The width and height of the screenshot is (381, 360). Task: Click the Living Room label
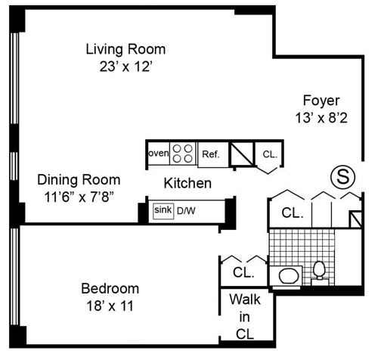(125, 49)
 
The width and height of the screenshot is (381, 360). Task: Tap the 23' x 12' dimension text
(126, 67)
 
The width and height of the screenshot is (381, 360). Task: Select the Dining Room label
(79, 180)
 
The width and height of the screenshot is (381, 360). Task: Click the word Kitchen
(187, 183)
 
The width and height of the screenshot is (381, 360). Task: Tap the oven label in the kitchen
(159, 153)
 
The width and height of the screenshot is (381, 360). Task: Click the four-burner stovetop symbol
(183, 154)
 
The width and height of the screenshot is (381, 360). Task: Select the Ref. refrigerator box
(213, 154)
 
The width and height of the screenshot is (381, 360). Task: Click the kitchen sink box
(163, 211)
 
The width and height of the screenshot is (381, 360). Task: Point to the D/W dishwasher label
(186, 211)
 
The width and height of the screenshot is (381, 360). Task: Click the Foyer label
(321, 101)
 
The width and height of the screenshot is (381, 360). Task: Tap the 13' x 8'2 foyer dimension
(321, 118)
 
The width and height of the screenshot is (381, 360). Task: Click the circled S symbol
(342, 177)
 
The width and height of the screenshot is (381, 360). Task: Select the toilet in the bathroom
(320, 270)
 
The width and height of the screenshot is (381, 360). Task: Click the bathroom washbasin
(290, 276)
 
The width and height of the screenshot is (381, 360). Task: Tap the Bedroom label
(110, 289)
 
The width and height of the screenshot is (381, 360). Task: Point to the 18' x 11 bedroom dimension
(110, 306)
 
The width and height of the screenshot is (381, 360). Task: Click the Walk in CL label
(245, 317)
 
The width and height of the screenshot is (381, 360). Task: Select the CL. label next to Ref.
(270, 154)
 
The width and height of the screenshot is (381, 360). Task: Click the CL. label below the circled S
(293, 213)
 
